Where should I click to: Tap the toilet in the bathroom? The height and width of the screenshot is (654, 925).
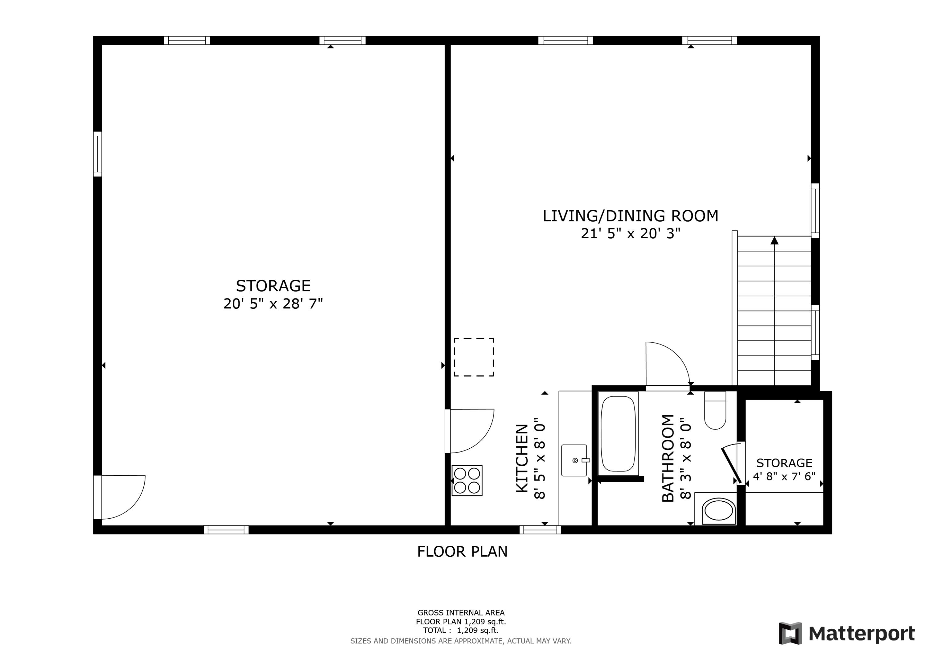point(715,411)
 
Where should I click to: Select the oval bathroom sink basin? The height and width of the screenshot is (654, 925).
point(718,512)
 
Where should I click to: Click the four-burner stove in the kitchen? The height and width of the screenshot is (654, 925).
point(467,480)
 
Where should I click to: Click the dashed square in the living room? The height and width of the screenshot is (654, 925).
point(474,357)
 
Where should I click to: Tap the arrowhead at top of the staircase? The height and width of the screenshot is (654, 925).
point(774,241)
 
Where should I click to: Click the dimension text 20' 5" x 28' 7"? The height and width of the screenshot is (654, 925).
point(273,304)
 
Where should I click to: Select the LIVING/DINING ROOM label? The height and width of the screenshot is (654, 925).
point(631,216)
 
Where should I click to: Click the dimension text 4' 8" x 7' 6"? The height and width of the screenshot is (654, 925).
point(784,476)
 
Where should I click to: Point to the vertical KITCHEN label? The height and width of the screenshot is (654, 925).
point(522,458)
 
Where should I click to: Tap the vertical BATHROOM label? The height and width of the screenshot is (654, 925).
point(668,458)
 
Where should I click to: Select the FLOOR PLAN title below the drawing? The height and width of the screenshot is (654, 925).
point(462,552)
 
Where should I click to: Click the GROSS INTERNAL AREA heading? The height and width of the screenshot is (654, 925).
point(461,613)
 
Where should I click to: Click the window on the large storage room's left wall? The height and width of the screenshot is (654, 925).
point(97,154)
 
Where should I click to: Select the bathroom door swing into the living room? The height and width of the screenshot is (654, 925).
point(666,364)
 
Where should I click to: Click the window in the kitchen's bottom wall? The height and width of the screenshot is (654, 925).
point(540,529)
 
